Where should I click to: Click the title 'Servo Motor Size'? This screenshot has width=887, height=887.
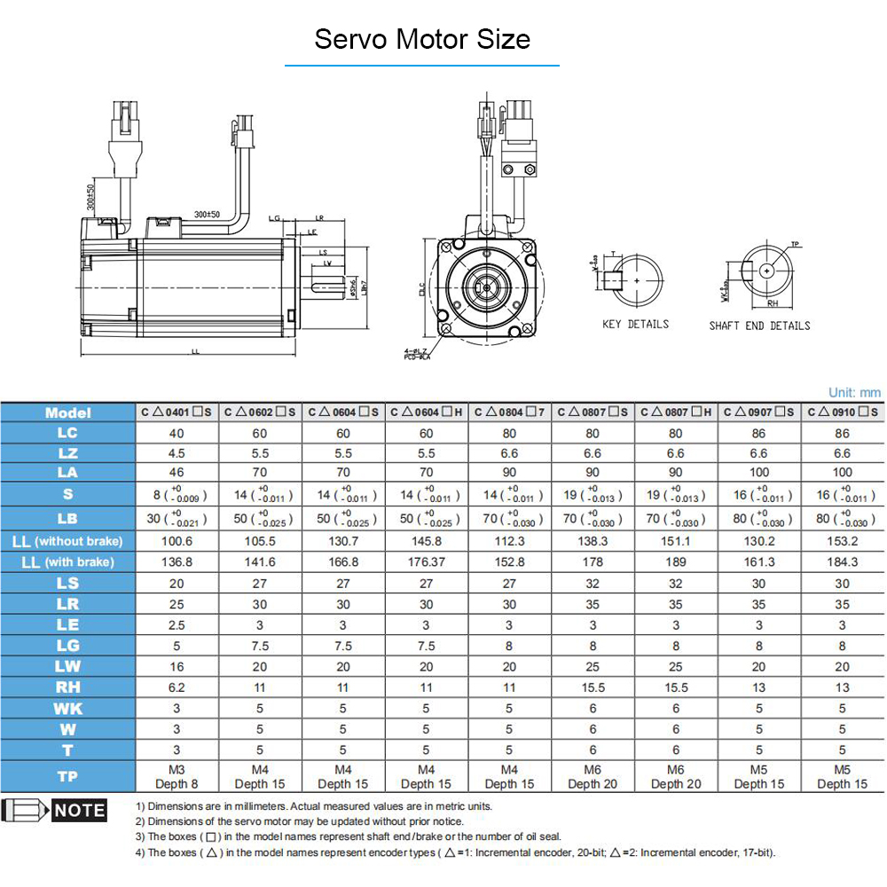pyautogui.click(x=422, y=40)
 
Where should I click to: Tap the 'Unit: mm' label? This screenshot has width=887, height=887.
pyautogui.click(x=854, y=392)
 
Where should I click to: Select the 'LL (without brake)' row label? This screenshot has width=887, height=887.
pyautogui.click(x=67, y=541)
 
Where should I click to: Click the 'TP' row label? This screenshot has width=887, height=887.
pyautogui.click(x=67, y=776)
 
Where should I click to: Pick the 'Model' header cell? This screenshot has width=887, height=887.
pyautogui.click(x=67, y=412)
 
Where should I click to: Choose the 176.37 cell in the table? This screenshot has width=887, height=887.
pyautogui.click(x=426, y=562)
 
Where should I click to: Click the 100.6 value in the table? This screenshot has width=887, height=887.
pyautogui.click(x=177, y=541)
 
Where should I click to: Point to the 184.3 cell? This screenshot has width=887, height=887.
pyautogui.click(x=842, y=562)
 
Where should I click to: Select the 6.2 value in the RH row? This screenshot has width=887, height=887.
pyautogui.click(x=177, y=687)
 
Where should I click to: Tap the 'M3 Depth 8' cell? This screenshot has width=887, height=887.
pyautogui.click(x=177, y=776)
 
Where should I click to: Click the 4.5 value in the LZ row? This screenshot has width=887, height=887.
pyautogui.click(x=177, y=453)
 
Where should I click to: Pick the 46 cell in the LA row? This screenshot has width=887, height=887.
pyautogui.click(x=177, y=473)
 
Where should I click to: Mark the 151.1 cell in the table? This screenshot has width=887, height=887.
pyautogui.click(x=675, y=541)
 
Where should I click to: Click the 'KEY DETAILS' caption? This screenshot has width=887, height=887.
pyautogui.click(x=635, y=325)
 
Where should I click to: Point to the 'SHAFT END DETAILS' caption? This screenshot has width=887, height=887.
pyautogui.click(x=759, y=326)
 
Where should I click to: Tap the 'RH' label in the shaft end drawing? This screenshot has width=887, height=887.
pyautogui.click(x=773, y=302)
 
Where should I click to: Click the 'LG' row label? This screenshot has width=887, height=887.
pyautogui.click(x=67, y=646)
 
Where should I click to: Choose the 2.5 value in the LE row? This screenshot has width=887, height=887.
pyautogui.click(x=177, y=624)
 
